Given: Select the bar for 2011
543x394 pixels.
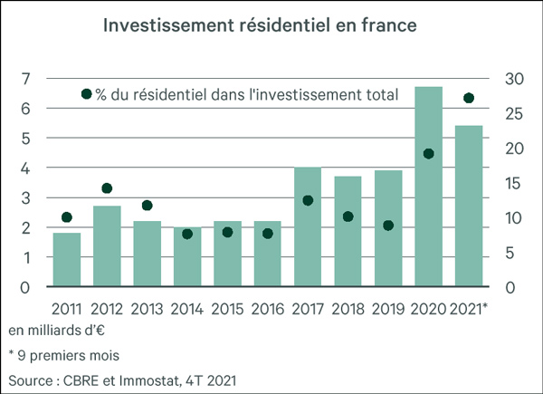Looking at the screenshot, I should point(67,260).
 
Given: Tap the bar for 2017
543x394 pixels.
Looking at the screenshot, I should point(308,227).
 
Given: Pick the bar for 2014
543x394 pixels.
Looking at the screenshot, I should point(187,257).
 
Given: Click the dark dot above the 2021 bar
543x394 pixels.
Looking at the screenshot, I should point(469,98).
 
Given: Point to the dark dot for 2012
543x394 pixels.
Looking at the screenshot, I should point(107,188).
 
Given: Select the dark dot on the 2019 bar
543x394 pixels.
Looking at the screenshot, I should point(388,226).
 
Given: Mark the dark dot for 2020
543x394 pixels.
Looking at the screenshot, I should point(428,154).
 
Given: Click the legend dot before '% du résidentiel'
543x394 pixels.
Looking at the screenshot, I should point(87,94).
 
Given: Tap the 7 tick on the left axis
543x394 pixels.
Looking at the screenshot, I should point(27,79).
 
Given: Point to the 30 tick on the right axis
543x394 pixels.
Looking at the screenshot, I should point(513,79).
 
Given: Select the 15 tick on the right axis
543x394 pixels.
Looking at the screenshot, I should point(513,184).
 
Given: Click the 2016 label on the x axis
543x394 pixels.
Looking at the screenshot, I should point(268,308).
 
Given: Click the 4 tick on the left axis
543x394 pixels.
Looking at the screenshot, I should point(27,168).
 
